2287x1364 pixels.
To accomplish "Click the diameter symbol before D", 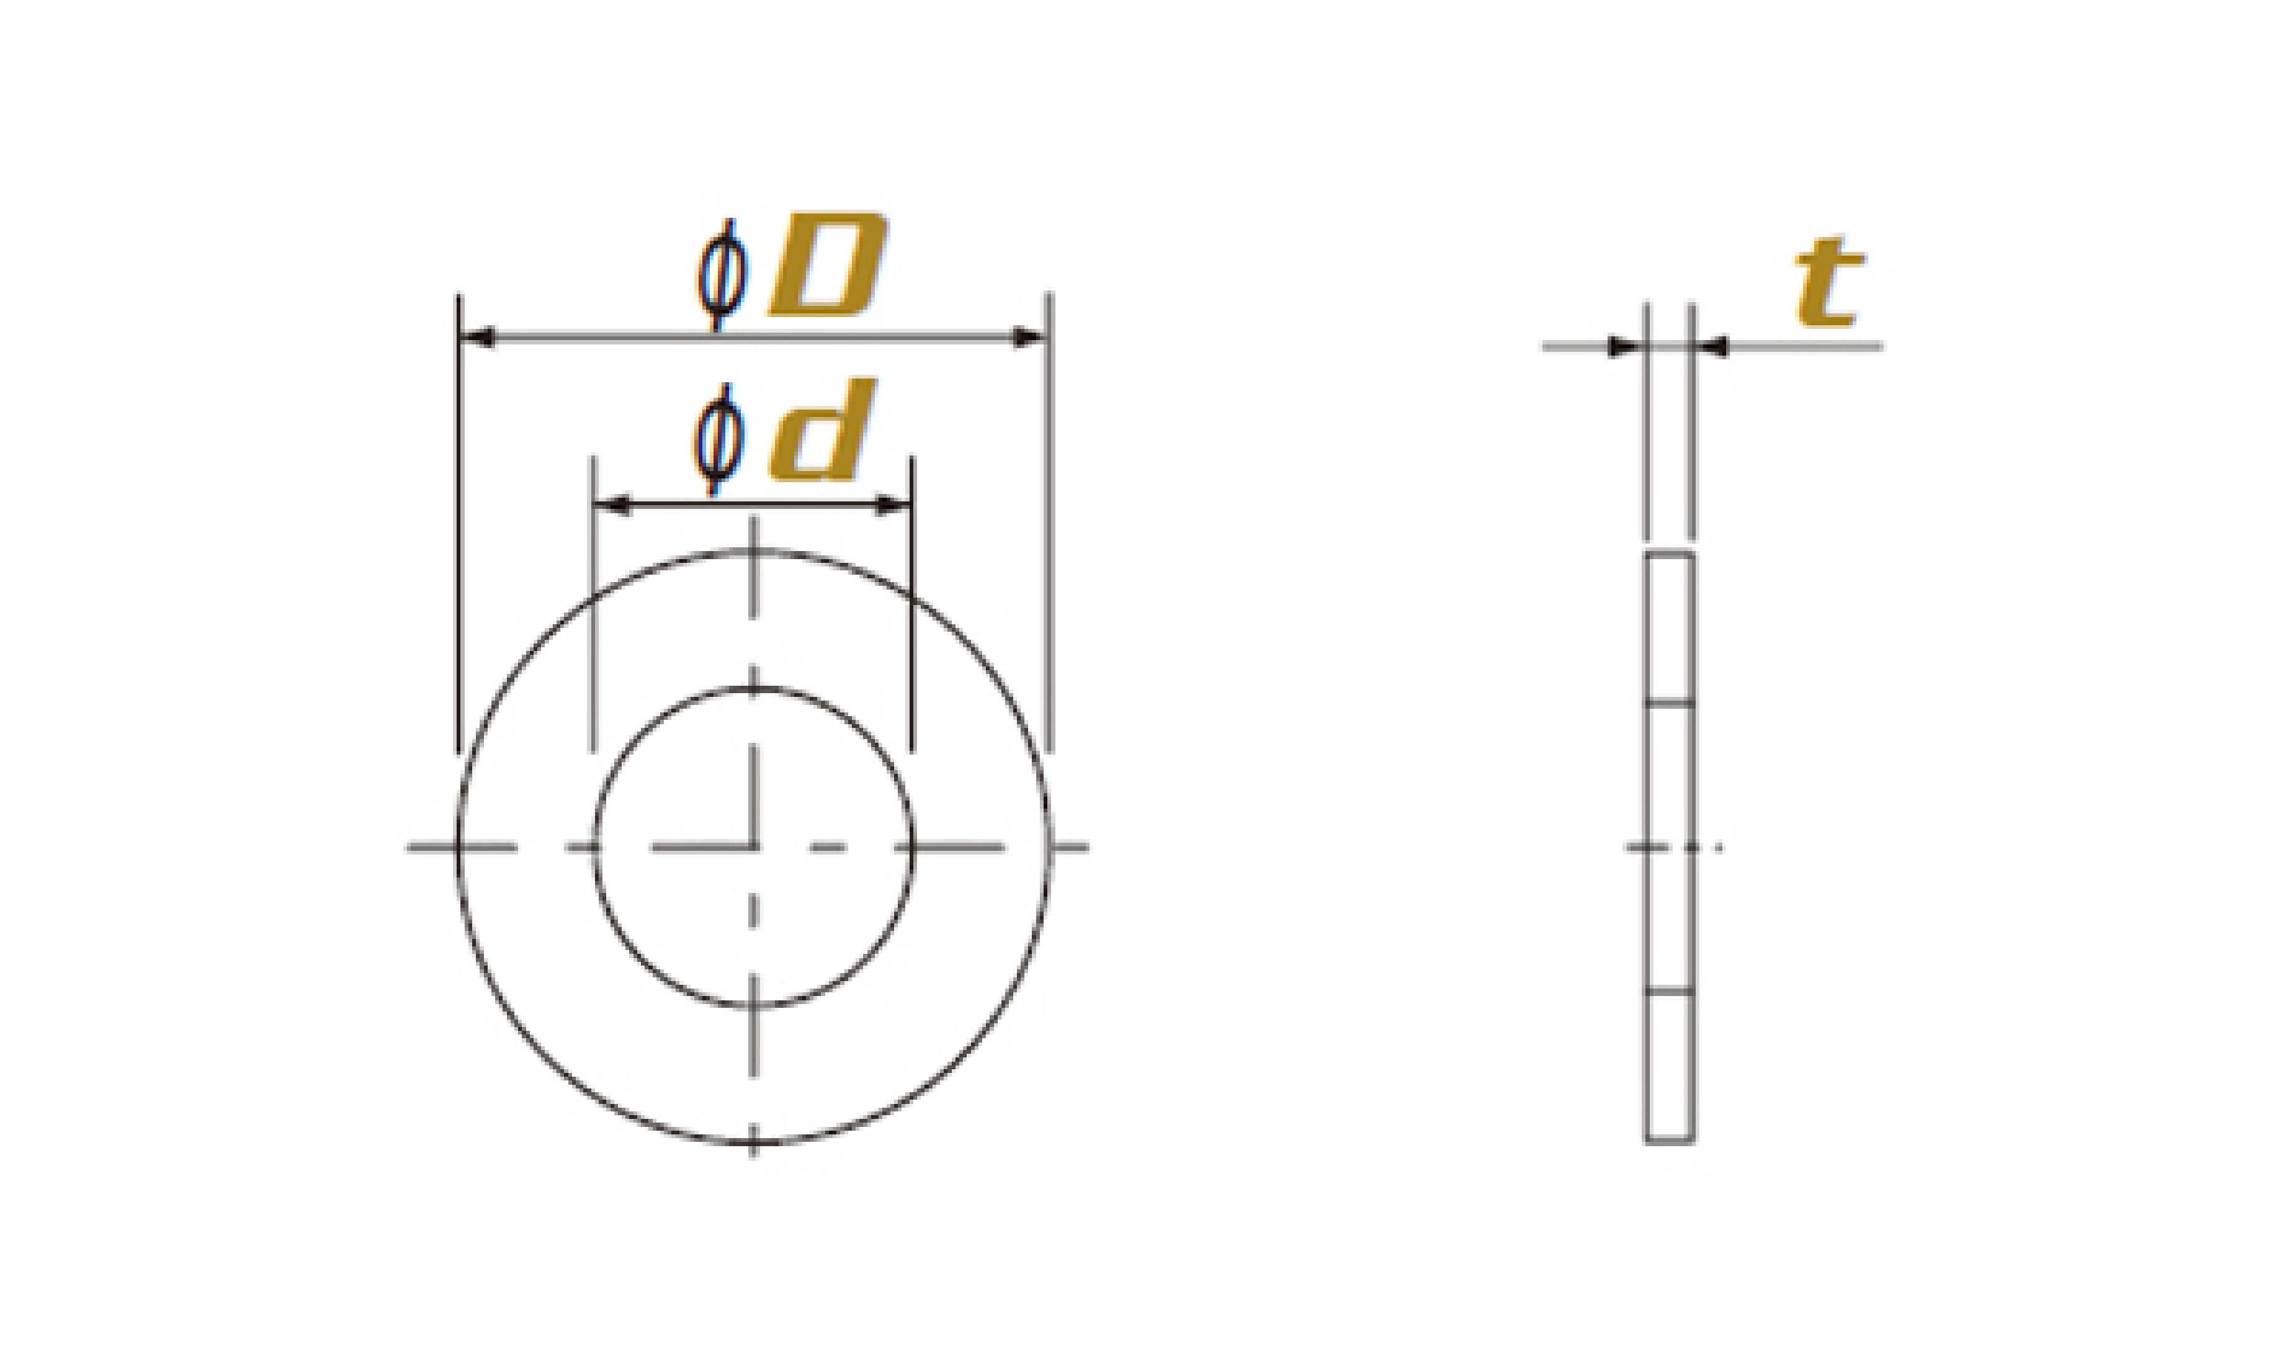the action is click(x=722, y=274).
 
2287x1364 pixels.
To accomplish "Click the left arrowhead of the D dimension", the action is click(x=477, y=338).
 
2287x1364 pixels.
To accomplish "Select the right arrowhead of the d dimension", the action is click(x=893, y=505).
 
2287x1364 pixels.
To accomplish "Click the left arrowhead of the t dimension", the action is click(x=1626, y=346).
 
